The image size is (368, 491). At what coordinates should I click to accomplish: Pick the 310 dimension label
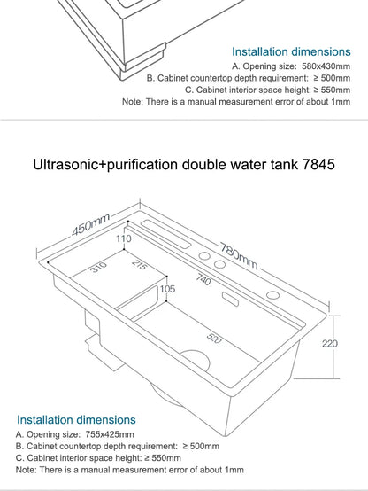(99, 267)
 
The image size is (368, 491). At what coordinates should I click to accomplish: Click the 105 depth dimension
(167, 289)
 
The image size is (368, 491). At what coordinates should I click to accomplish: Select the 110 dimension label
(123, 238)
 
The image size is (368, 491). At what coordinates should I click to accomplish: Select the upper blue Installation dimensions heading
(291, 51)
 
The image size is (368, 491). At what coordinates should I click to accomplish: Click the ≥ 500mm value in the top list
(330, 77)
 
